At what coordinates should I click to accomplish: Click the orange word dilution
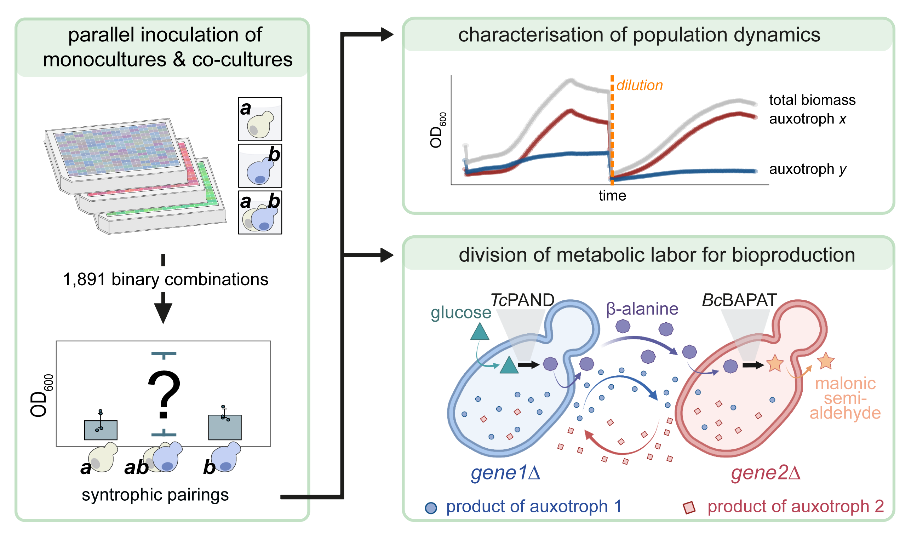tap(640, 85)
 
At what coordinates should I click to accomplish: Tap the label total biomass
tap(813, 100)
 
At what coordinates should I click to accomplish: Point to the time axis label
tap(612, 196)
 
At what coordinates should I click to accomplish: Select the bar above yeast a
tap(101, 430)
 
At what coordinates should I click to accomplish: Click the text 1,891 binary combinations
tap(166, 280)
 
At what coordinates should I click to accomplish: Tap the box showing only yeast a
tap(260, 119)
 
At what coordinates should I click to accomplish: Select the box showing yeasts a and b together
tap(260, 213)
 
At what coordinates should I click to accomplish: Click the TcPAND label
tap(522, 300)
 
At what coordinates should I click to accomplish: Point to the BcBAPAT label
tap(740, 300)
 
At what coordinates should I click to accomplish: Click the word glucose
tap(461, 313)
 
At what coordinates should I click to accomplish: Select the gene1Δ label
tap(505, 473)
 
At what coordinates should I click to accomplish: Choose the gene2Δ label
tap(766, 473)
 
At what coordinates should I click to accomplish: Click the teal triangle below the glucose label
tap(480, 332)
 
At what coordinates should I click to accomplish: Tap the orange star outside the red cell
tap(826, 361)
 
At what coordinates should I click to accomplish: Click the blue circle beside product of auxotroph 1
tap(431, 508)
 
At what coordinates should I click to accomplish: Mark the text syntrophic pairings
tap(155, 495)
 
